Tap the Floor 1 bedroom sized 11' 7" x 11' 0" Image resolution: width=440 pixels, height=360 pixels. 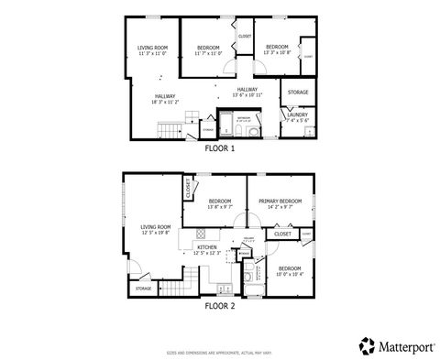click(x=207, y=50)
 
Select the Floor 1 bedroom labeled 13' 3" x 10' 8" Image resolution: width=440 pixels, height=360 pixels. click(x=277, y=50)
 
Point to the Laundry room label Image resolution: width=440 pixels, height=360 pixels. click(x=298, y=117)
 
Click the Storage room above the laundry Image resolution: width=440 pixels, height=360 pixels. click(x=298, y=93)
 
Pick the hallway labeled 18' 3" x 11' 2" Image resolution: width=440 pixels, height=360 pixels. click(x=166, y=100)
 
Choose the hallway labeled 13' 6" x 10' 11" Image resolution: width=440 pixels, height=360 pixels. click(x=247, y=92)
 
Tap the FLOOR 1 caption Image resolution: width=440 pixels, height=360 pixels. click(x=220, y=148)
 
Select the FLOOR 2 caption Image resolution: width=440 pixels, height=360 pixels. click(x=220, y=306)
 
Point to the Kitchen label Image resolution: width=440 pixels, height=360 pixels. click(x=207, y=249)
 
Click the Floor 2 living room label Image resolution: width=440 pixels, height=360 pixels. click(x=156, y=229)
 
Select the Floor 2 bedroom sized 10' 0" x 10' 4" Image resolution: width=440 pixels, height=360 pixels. click(x=290, y=271)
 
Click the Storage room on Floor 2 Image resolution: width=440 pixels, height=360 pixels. click(x=144, y=289)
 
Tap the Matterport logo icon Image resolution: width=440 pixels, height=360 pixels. click(x=366, y=344)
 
